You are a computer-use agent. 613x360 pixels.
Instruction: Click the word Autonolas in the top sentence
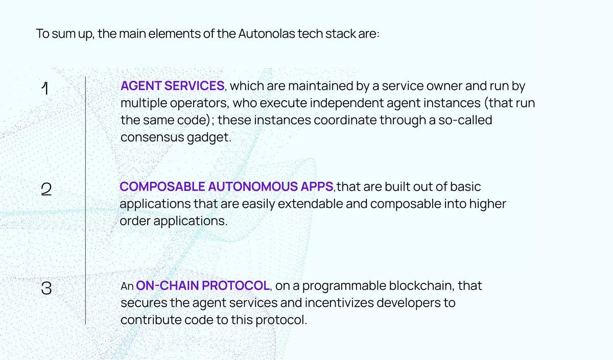click(267, 34)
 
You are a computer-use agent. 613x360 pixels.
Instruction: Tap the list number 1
click(45, 88)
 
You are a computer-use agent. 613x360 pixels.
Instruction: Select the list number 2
click(46, 189)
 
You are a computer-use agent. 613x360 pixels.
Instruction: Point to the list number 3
click(46, 288)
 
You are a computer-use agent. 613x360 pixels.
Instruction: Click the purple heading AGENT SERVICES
click(173, 86)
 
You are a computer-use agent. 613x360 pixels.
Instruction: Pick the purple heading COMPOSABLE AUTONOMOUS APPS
click(226, 186)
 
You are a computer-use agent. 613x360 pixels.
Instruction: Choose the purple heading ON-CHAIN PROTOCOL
click(203, 285)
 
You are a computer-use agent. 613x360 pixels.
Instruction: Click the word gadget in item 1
click(209, 137)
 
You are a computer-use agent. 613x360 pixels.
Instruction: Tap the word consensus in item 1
click(152, 137)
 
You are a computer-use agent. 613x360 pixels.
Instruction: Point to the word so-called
click(465, 120)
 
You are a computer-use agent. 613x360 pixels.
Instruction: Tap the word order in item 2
click(135, 221)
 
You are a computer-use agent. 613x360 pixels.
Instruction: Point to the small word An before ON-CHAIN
click(127, 286)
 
